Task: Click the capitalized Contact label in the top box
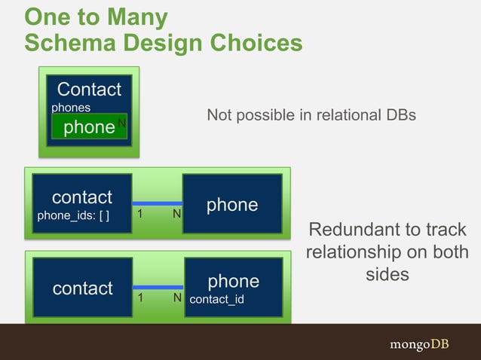(x=89, y=90)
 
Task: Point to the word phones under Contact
(x=71, y=108)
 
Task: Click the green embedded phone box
(x=89, y=127)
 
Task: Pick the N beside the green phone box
(x=121, y=121)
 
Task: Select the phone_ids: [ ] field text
(x=73, y=216)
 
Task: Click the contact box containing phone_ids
(x=81, y=203)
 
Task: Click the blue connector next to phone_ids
(x=158, y=203)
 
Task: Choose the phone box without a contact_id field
(x=232, y=204)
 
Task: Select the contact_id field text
(x=217, y=301)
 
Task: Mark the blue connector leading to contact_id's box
(x=158, y=287)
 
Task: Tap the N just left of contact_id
(x=177, y=299)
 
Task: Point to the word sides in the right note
(x=387, y=274)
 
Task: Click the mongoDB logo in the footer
(x=419, y=344)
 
